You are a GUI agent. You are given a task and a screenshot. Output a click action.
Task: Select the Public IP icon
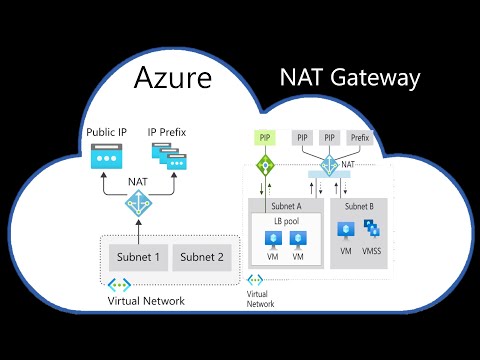tap(105, 155)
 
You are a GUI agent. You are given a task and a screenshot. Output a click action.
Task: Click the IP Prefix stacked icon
tap(167, 154)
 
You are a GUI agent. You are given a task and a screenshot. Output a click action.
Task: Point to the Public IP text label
tap(106, 132)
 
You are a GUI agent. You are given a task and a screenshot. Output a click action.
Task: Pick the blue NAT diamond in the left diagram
tap(135, 203)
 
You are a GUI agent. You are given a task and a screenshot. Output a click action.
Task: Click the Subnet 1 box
tap(135, 257)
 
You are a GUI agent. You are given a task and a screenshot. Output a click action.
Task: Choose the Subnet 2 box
tap(203, 257)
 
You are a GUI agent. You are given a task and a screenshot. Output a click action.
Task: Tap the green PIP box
tap(264, 136)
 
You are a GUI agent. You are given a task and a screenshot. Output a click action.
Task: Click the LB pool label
tap(283, 219)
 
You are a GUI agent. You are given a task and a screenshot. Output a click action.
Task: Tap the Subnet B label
tap(358, 205)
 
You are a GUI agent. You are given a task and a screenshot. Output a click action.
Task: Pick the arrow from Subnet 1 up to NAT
tap(135, 229)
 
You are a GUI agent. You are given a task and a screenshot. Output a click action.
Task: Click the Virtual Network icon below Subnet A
tap(256, 281)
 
